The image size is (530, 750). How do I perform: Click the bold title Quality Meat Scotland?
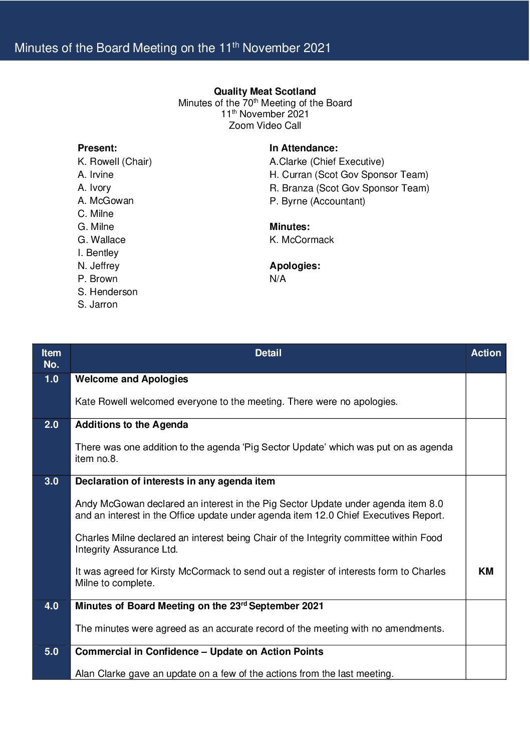click(264, 91)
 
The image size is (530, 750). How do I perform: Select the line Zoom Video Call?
click(264, 126)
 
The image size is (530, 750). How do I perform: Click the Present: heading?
click(97, 148)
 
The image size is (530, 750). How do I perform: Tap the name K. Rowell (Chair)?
click(114, 161)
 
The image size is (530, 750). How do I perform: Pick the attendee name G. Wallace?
click(101, 239)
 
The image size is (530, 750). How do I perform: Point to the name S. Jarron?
click(97, 305)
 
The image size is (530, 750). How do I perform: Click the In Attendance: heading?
click(303, 148)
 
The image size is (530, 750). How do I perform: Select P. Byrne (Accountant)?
click(317, 201)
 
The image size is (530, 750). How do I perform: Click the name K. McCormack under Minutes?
click(301, 239)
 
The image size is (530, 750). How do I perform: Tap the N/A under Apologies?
click(278, 279)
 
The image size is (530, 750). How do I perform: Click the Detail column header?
click(268, 353)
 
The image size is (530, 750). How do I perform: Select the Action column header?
click(485, 353)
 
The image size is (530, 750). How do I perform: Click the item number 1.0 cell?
click(51, 379)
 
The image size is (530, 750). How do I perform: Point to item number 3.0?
click(51, 481)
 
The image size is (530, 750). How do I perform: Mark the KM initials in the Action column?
click(485, 572)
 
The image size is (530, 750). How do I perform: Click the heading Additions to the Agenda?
click(131, 425)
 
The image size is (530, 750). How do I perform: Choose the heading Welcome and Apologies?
click(131, 379)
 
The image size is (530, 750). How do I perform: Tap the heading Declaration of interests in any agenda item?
click(175, 481)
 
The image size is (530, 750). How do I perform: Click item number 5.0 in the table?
click(51, 652)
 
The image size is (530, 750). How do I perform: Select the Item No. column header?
click(51, 359)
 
